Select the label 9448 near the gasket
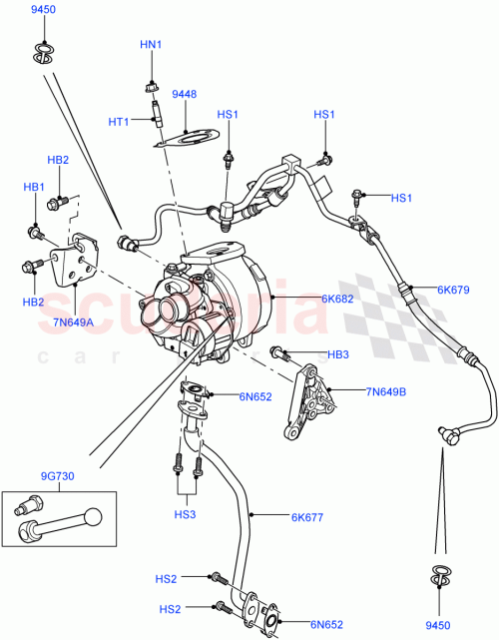[x=185, y=96]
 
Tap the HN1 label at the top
[x=150, y=45]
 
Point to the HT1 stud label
[x=120, y=121]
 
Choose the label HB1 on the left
[x=35, y=188]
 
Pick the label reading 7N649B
[x=385, y=391]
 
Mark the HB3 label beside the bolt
[x=338, y=354]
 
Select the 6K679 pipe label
[x=454, y=291]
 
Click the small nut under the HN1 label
[x=150, y=84]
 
